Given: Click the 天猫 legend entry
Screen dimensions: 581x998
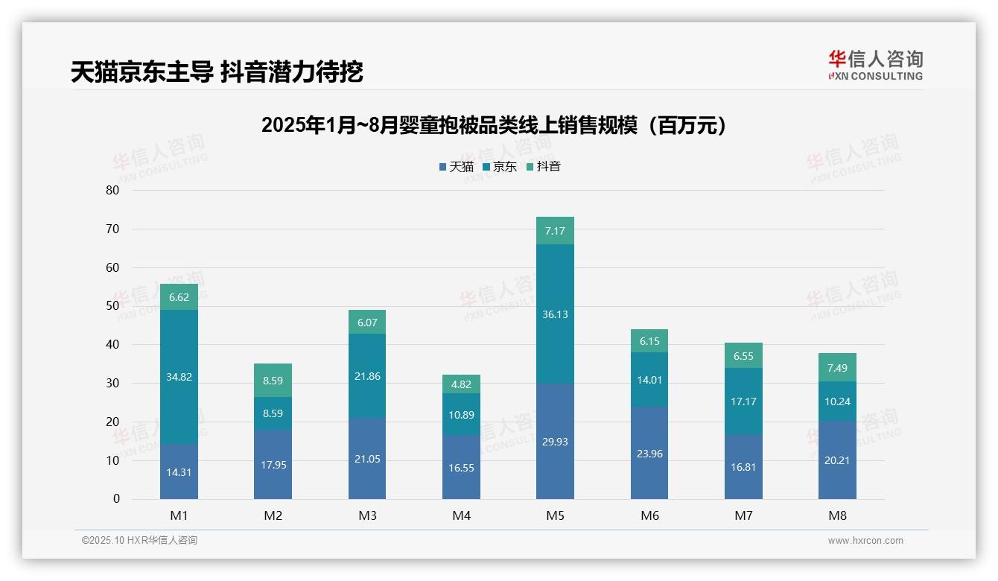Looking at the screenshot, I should [x=457, y=167].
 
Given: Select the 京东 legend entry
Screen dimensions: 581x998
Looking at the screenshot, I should [x=500, y=167].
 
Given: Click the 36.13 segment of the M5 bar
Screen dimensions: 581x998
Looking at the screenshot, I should [x=555, y=314].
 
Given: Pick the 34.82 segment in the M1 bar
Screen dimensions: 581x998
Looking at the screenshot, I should [x=179, y=377].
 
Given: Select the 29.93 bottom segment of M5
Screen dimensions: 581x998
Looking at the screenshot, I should [x=555, y=442].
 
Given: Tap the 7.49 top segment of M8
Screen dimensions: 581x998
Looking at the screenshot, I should [x=837, y=367].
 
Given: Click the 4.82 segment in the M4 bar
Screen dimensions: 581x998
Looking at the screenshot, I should [x=461, y=384].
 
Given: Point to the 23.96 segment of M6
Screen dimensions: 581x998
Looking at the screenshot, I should [x=649, y=452].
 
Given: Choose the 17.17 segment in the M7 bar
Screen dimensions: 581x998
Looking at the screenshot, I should [x=743, y=401].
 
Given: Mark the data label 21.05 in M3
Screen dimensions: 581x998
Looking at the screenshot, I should [x=367, y=459].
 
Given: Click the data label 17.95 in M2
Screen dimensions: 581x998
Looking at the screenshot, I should [x=273, y=465].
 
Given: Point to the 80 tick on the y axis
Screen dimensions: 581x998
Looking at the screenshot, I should [x=112, y=190].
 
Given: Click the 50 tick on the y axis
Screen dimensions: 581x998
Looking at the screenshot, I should [x=112, y=306].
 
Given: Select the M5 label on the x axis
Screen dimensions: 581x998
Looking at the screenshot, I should [x=555, y=515].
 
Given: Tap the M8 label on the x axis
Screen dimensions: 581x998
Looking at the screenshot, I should [x=837, y=515].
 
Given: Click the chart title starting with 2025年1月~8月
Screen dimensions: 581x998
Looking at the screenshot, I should [x=494, y=125].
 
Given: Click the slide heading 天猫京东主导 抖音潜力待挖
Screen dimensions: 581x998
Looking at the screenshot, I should [x=217, y=72].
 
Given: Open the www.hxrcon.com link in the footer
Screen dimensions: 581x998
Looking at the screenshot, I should [x=865, y=541].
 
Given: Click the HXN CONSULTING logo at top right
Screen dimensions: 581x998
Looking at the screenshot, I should [x=875, y=66].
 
